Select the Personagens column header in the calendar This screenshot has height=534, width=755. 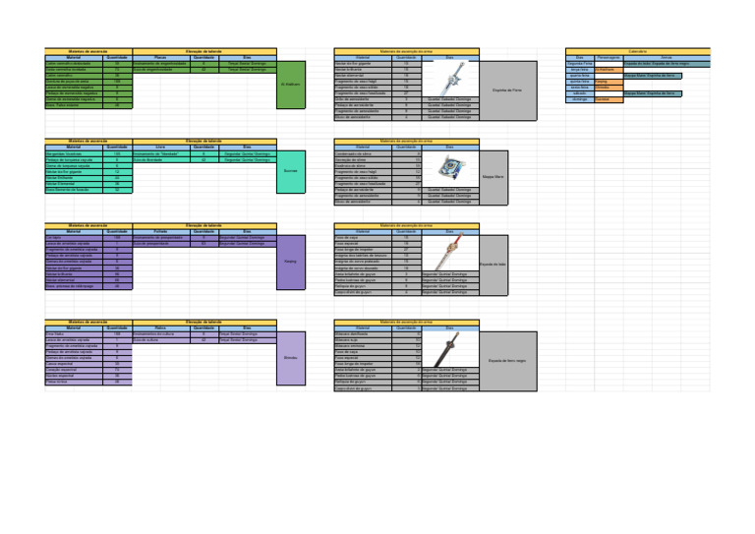(x=609, y=57)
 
